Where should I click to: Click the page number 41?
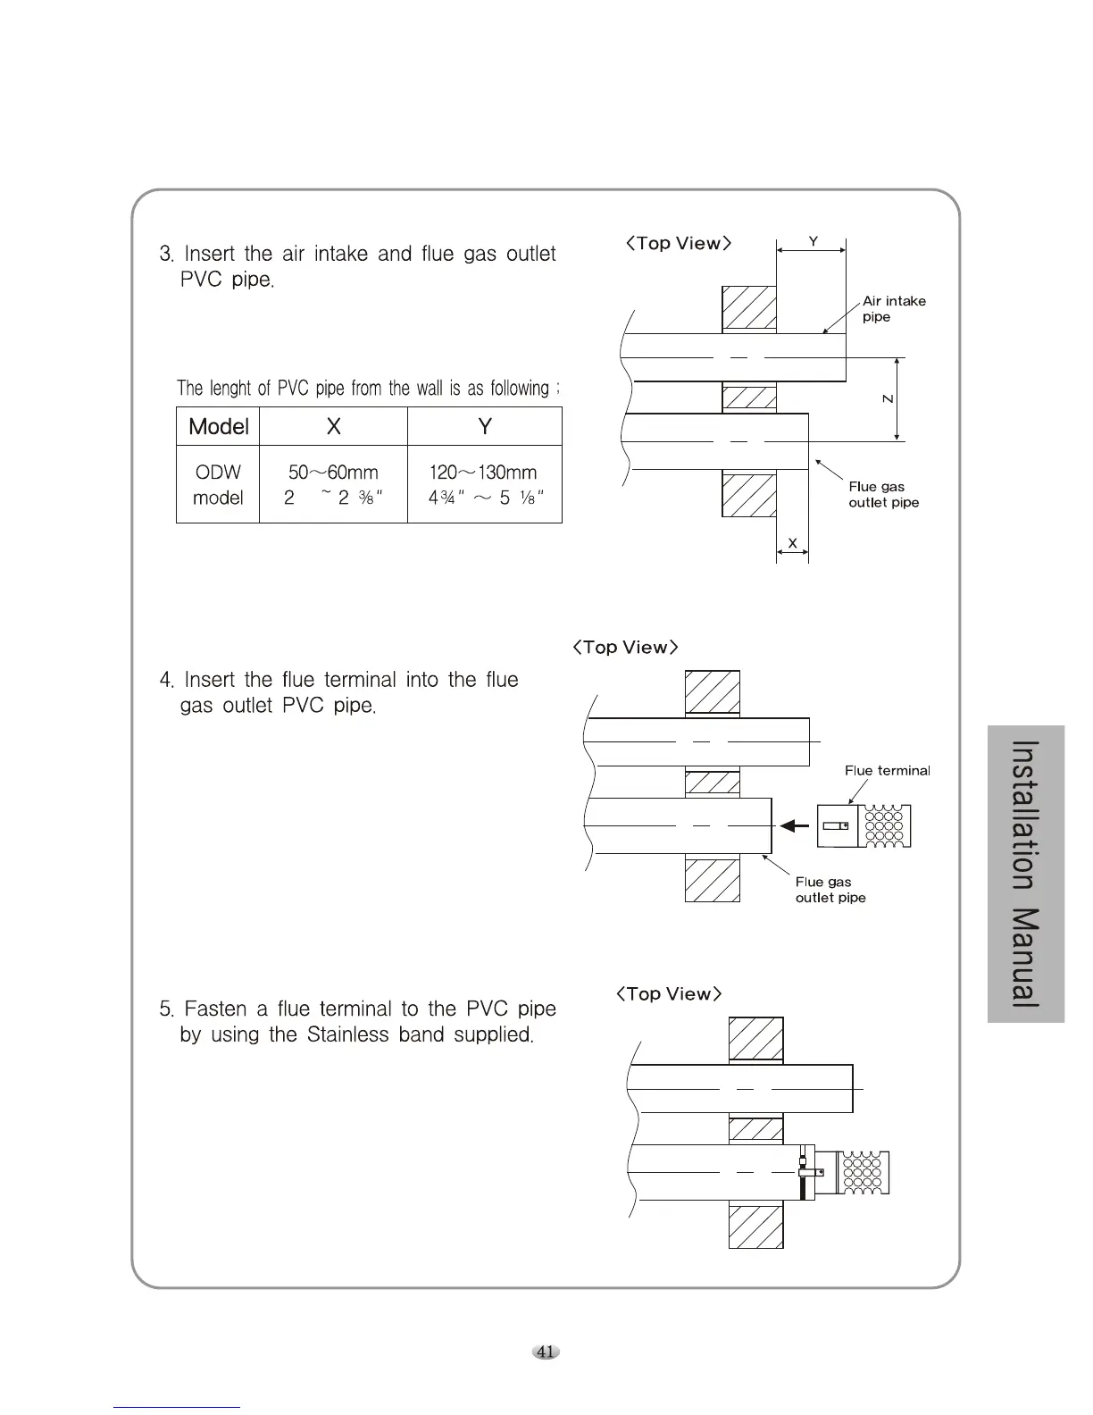(x=546, y=1352)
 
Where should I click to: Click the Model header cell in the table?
(x=219, y=427)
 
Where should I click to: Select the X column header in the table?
(x=333, y=427)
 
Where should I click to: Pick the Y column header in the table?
(x=485, y=427)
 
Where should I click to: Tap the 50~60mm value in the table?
(x=333, y=473)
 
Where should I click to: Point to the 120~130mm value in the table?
(x=483, y=473)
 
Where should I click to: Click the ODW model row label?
(x=218, y=485)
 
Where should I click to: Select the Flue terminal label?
(x=887, y=771)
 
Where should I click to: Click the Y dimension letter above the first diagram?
(x=813, y=241)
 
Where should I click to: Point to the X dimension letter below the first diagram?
(x=793, y=543)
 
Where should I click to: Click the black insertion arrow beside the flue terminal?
(x=794, y=825)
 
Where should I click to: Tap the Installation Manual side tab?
(x=1026, y=874)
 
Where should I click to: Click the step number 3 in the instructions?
(x=165, y=255)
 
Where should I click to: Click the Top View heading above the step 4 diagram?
(x=626, y=648)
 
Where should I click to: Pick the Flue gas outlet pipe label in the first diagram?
(x=883, y=495)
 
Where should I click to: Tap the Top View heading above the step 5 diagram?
(x=669, y=994)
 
